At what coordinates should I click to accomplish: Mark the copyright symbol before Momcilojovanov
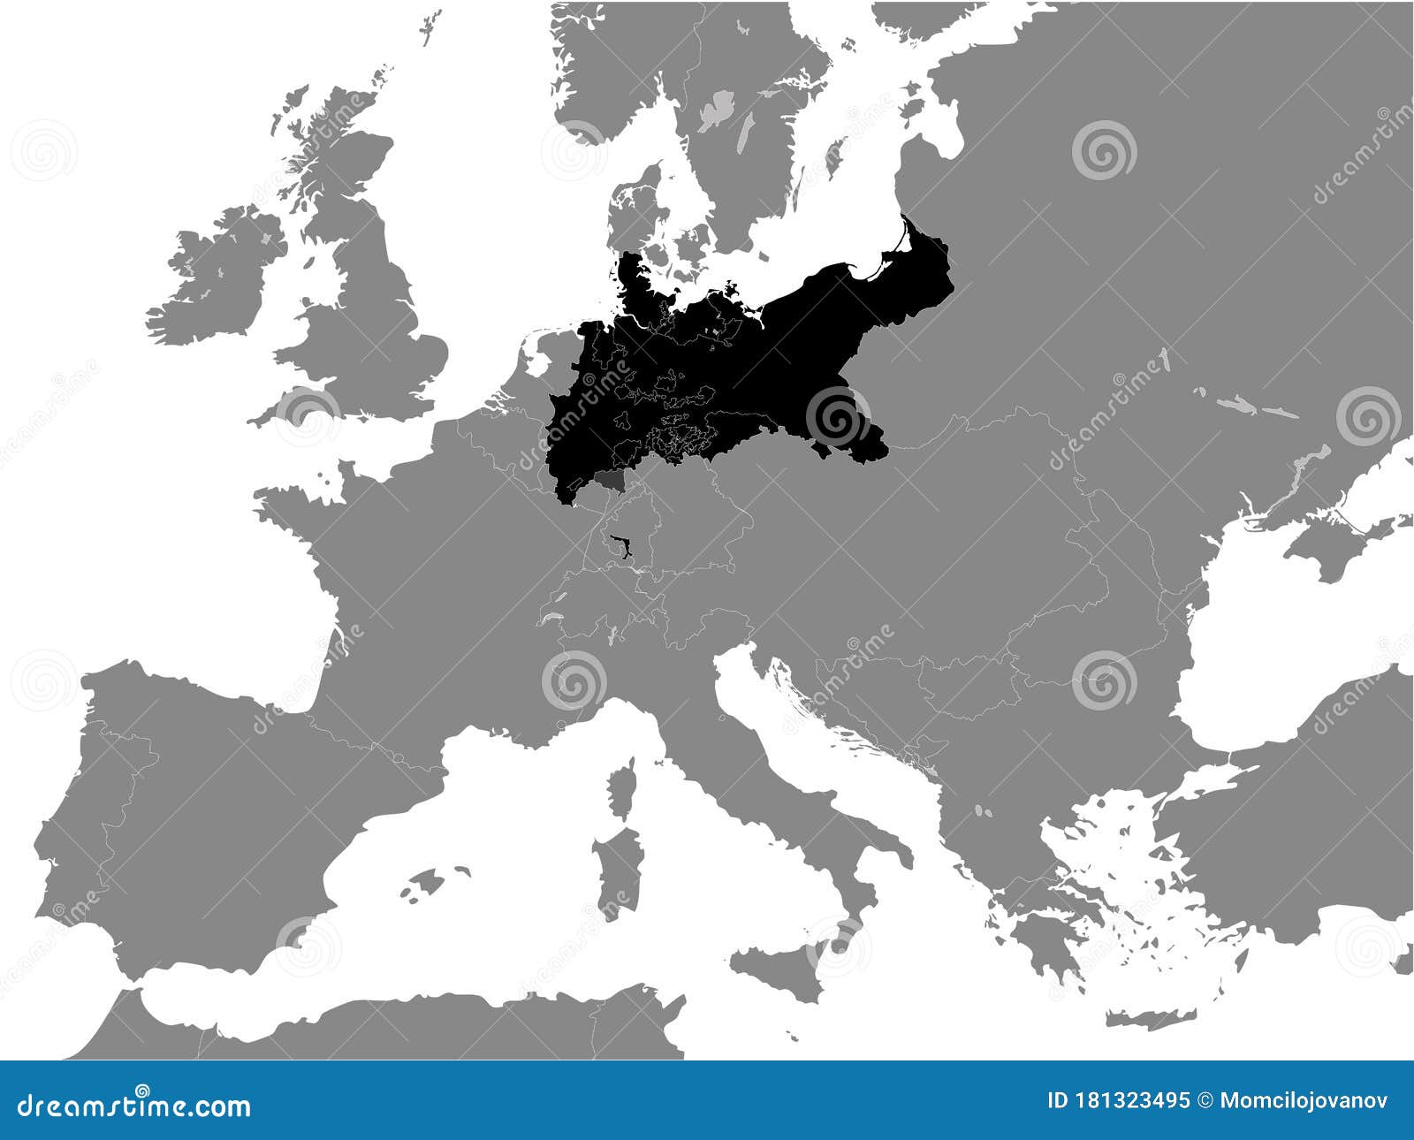[1205, 1101]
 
